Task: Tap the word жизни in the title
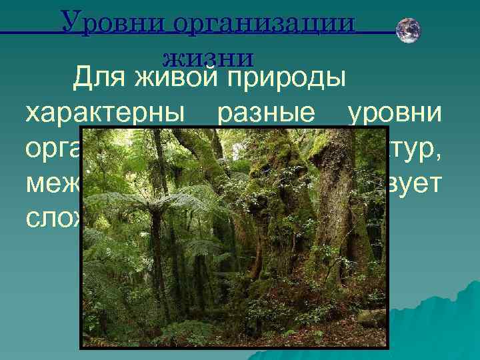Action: [x=207, y=56]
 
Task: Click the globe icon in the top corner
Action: [x=407, y=31]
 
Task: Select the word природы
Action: [x=287, y=79]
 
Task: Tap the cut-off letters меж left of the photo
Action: [x=51, y=183]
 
